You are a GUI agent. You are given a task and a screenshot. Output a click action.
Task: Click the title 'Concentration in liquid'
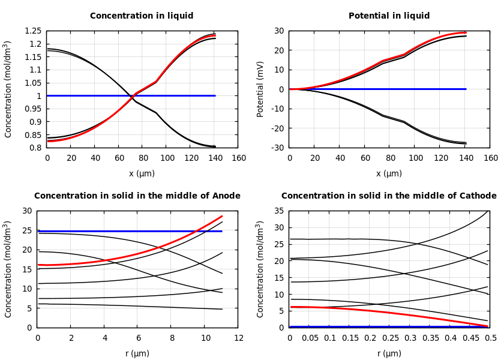click(x=142, y=16)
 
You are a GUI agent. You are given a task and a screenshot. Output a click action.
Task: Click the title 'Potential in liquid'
click(x=389, y=16)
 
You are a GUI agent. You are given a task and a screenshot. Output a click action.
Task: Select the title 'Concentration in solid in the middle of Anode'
click(x=137, y=196)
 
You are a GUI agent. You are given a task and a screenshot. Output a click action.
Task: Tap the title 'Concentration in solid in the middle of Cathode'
click(x=389, y=196)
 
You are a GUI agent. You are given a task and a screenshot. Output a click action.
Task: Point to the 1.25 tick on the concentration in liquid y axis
click(x=33, y=31)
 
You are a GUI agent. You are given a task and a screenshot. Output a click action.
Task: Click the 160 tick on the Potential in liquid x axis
click(x=490, y=158)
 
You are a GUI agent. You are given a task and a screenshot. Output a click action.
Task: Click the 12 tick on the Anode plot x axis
click(x=238, y=338)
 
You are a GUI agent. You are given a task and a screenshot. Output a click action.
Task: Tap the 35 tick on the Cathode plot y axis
click(x=278, y=211)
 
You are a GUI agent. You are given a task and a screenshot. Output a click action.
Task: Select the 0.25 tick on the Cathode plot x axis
click(x=390, y=338)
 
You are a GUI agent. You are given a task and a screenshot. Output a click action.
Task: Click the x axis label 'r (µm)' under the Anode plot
click(x=137, y=353)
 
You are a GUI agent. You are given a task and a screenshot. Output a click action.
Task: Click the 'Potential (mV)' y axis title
click(x=260, y=89)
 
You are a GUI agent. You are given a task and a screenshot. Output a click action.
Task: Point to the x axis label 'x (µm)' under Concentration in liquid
click(x=142, y=173)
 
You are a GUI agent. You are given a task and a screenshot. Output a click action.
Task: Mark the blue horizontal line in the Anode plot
click(x=120, y=231)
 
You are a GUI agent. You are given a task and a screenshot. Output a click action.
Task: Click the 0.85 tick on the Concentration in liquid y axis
click(x=33, y=135)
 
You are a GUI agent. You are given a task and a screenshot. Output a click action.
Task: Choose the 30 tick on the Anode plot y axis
click(x=26, y=211)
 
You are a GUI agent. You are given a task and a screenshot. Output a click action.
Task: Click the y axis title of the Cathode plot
click(x=260, y=269)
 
